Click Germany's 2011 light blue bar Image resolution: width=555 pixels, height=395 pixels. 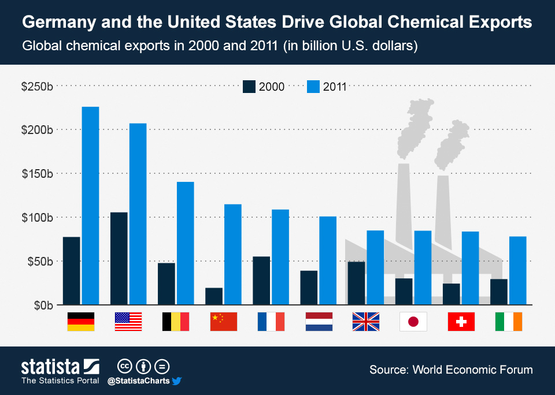[90, 205]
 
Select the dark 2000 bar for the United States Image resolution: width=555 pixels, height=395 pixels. [119, 258]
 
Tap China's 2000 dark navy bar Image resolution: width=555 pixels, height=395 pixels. [214, 296]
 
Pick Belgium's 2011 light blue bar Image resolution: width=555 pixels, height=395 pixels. [185, 243]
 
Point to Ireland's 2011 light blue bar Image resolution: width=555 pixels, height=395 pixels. [517, 270]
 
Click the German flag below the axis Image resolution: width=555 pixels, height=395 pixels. [81, 322]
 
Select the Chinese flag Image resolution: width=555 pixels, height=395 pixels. [223, 322]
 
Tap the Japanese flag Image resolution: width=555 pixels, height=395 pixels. [413, 322]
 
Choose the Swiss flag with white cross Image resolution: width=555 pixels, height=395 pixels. [461, 322]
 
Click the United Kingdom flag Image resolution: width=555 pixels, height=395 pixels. [365, 322]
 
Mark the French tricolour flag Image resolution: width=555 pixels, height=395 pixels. [271, 322]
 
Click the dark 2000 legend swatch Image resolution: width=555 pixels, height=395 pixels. [249, 87]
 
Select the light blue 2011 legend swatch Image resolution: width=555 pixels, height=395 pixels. [313, 87]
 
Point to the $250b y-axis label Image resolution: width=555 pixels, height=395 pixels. [37, 87]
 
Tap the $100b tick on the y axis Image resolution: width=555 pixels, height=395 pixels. [37, 218]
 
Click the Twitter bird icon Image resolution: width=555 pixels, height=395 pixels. [177, 381]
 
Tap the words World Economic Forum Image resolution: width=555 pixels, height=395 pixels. [472, 370]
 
